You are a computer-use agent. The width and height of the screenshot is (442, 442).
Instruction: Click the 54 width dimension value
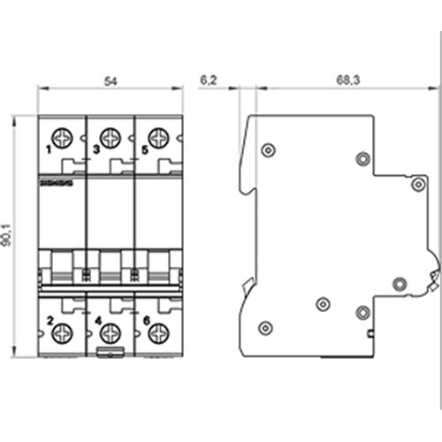tap(110, 80)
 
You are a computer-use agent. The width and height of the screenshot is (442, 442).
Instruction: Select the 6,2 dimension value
tap(210, 80)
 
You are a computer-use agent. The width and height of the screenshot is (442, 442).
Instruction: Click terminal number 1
tap(47, 150)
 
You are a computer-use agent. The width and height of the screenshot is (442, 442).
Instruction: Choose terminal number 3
tap(95, 150)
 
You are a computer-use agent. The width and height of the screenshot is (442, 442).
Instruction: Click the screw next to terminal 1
tap(63, 138)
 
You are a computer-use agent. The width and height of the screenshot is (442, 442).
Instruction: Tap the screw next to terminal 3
tap(110, 138)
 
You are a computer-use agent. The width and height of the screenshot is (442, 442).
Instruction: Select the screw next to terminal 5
tap(158, 138)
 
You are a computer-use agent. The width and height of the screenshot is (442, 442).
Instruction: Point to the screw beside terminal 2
tap(63, 333)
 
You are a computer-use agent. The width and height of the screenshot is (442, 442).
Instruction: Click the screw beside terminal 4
tap(110, 333)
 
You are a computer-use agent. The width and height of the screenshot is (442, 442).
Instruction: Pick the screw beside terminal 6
tap(158, 333)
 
